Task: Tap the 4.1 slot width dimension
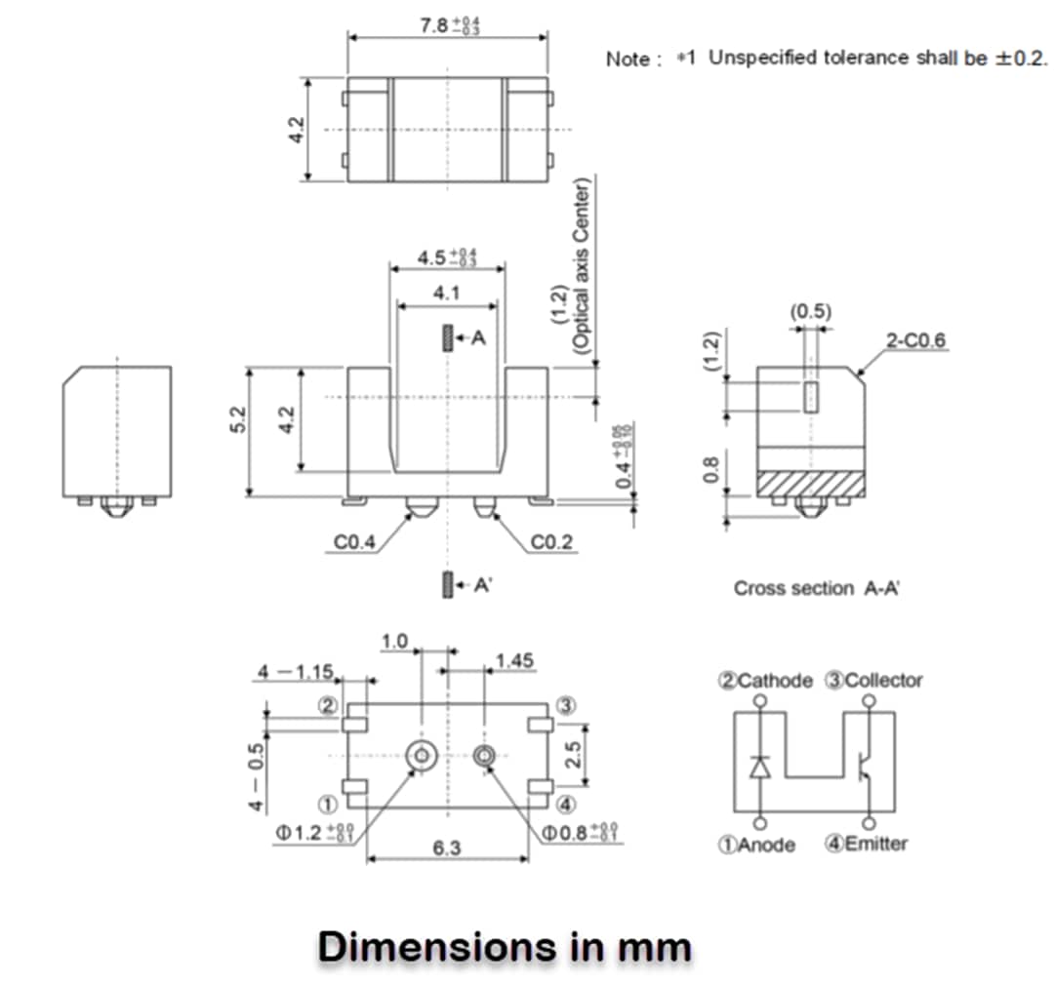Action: point(447,292)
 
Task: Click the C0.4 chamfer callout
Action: point(354,542)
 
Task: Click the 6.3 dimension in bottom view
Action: point(447,848)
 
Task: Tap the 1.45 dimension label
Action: point(514,661)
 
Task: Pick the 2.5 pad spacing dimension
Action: point(575,754)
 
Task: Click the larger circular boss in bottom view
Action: point(422,755)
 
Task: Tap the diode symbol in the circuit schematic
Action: point(760,767)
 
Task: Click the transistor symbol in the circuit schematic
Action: point(865,766)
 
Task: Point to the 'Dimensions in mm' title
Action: point(505,946)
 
